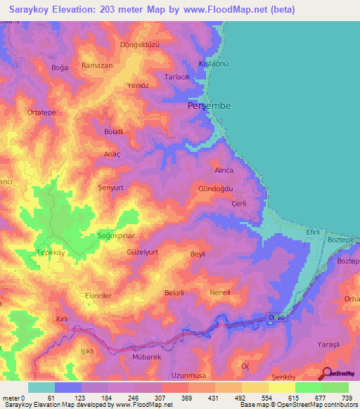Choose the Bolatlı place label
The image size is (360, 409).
coord(114,131)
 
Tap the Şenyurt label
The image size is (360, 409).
coord(110,188)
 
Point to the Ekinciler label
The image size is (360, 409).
coord(98,296)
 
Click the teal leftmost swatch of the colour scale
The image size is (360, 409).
coord(41,387)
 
